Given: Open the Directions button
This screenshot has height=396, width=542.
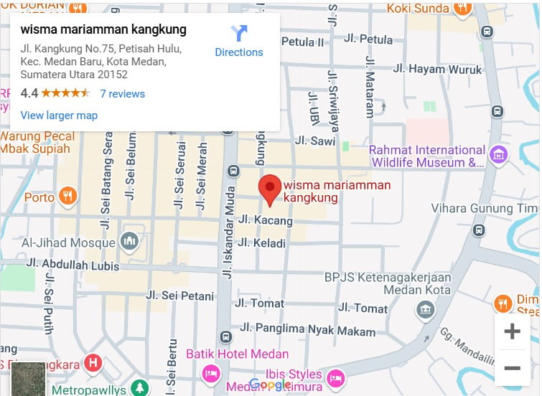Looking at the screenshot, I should [x=239, y=41].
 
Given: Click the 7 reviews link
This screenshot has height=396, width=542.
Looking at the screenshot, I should [x=122, y=94].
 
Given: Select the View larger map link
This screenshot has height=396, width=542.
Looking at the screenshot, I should [x=59, y=115].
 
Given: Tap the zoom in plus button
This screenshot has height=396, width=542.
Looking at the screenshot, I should [x=512, y=331].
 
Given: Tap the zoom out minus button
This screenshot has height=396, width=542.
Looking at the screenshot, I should [x=512, y=368].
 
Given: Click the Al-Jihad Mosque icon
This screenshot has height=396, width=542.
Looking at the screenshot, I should [x=130, y=242].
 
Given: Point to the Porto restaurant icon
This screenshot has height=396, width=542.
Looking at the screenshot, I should [x=67, y=196].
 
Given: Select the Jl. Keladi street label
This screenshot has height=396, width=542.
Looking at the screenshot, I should [x=261, y=243].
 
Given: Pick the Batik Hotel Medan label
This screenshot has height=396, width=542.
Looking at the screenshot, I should [x=237, y=354].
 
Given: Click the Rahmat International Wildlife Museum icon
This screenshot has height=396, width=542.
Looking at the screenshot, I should [x=497, y=154].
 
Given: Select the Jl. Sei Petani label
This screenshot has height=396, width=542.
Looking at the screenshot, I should [x=179, y=296].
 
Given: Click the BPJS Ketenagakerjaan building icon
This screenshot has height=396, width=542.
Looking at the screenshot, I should [x=426, y=310].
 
